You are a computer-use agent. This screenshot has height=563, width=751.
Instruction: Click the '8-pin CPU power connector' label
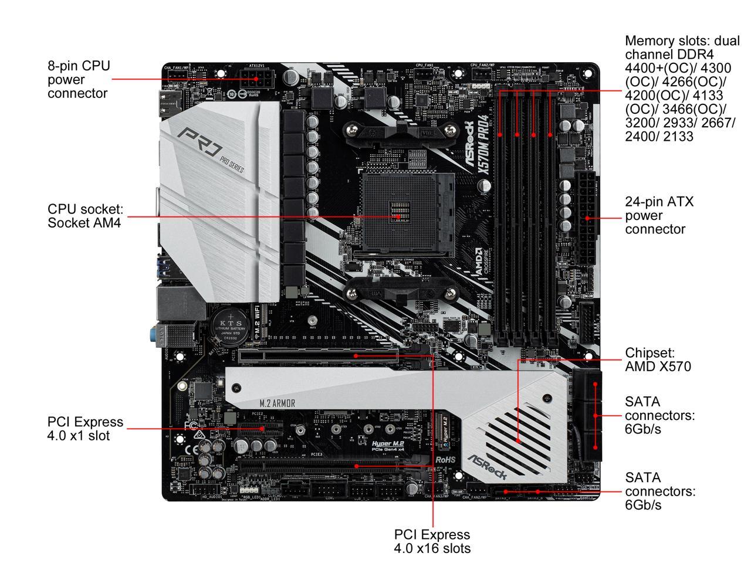(79, 79)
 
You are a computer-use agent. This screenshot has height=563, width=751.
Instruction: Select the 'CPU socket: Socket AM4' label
(85, 216)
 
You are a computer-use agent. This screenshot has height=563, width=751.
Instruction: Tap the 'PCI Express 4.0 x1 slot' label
(85, 429)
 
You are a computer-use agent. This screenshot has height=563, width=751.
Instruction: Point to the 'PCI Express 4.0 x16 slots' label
(432, 541)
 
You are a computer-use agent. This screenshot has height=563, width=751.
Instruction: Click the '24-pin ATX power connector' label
(659, 215)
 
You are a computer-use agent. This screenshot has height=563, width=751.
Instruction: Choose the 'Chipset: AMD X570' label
(657, 359)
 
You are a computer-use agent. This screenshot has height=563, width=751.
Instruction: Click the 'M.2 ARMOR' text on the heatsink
(277, 403)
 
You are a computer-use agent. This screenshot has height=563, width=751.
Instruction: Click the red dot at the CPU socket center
(399, 216)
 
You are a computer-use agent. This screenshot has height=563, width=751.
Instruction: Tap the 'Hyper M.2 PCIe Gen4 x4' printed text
(388, 446)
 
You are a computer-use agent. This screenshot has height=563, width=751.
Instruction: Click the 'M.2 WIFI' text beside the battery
(257, 319)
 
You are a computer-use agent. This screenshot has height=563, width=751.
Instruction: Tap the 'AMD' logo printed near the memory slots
(479, 258)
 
